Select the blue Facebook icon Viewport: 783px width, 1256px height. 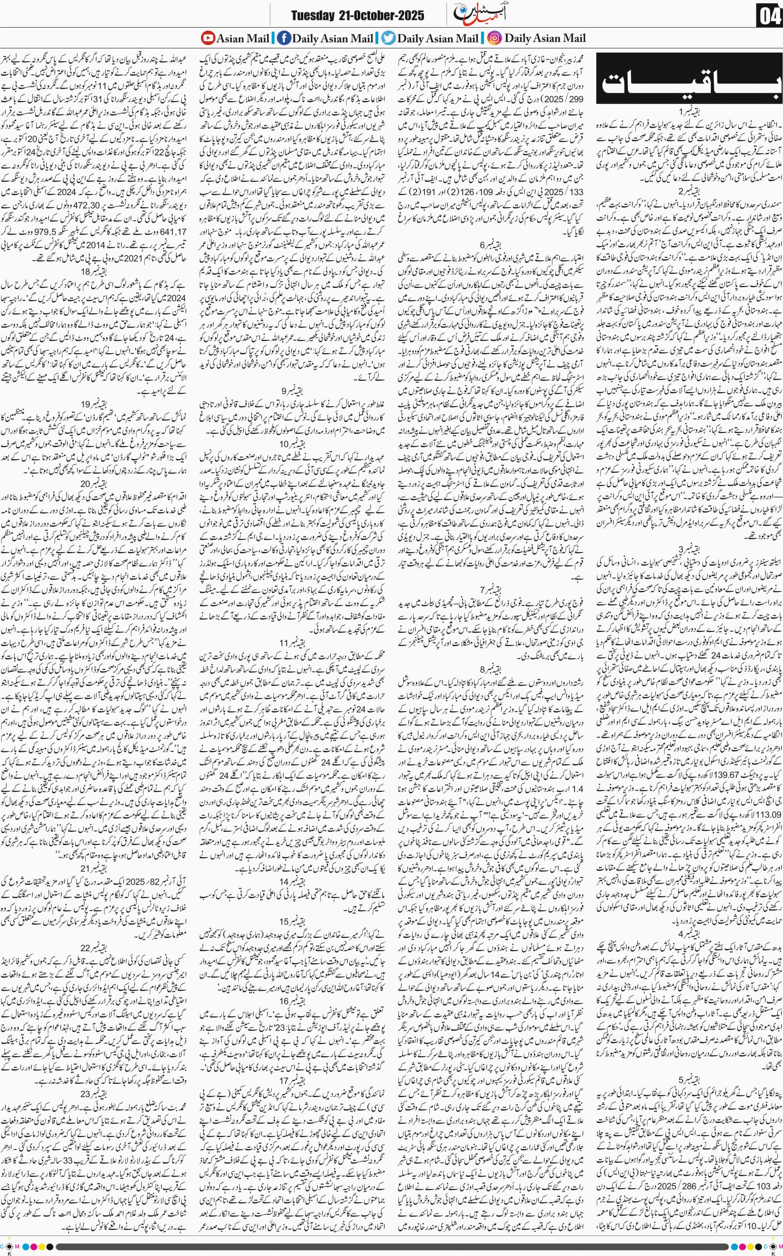tap(284, 38)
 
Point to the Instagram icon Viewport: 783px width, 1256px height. tap(494, 38)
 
